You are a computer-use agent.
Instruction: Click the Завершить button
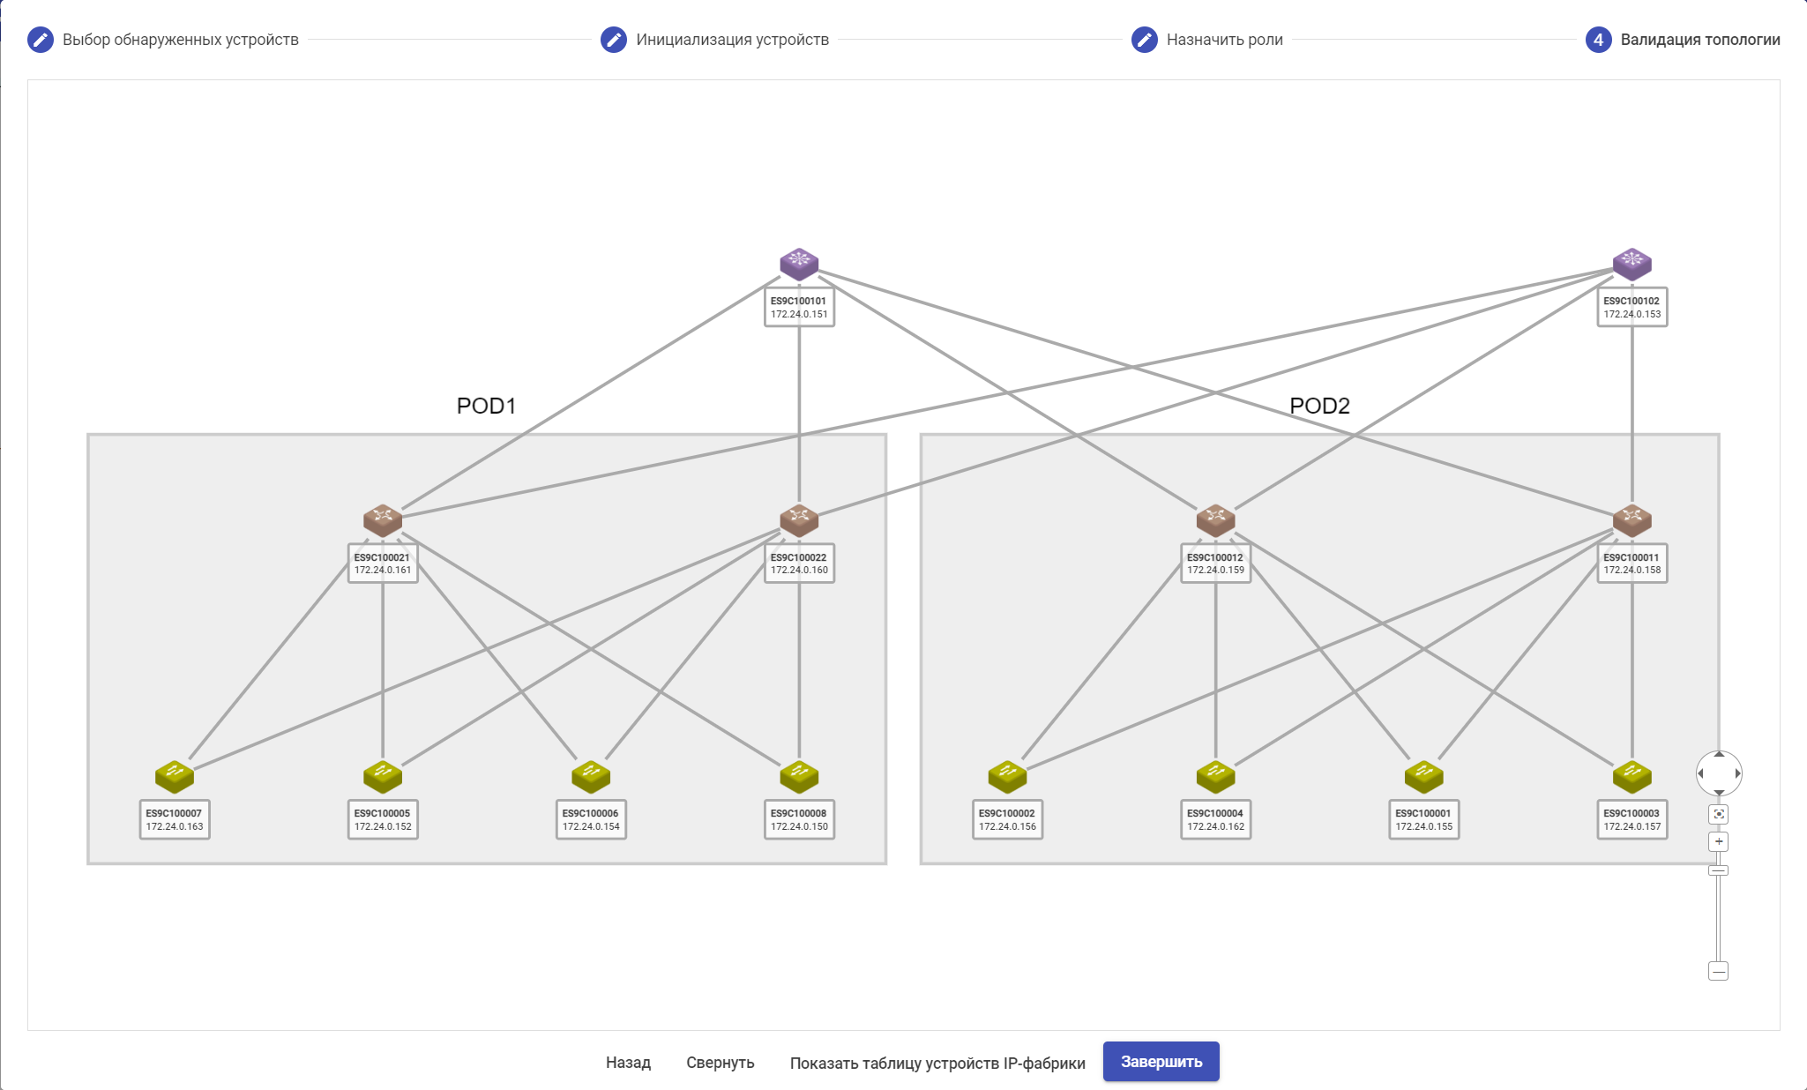tap(1161, 1061)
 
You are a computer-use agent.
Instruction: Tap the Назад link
tap(628, 1063)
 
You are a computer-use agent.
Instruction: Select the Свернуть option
tap(720, 1063)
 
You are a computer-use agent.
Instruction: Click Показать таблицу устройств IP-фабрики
tap(937, 1063)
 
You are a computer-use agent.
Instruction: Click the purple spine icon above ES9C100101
tap(799, 263)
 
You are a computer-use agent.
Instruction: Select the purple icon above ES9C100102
tap(1632, 263)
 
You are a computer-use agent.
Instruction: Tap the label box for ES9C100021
tap(383, 564)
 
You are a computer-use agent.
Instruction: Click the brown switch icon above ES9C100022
tap(799, 519)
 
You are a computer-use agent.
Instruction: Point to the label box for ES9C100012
tap(1215, 564)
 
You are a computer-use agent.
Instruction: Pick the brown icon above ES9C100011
tap(1632, 519)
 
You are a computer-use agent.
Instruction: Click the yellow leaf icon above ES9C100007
tap(175, 776)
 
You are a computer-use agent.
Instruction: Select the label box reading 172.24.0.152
tap(383, 820)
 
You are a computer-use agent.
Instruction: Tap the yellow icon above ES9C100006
tap(591, 776)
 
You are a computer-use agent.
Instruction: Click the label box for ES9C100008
tap(799, 820)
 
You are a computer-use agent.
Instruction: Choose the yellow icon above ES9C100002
tap(1007, 776)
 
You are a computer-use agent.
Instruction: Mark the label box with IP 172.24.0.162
tap(1215, 820)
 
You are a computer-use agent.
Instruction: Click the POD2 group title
tap(1319, 406)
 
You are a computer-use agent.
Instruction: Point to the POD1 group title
tap(486, 406)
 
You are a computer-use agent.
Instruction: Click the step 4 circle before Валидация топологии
tap(1598, 40)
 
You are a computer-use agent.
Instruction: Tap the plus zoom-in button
tap(1718, 841)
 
